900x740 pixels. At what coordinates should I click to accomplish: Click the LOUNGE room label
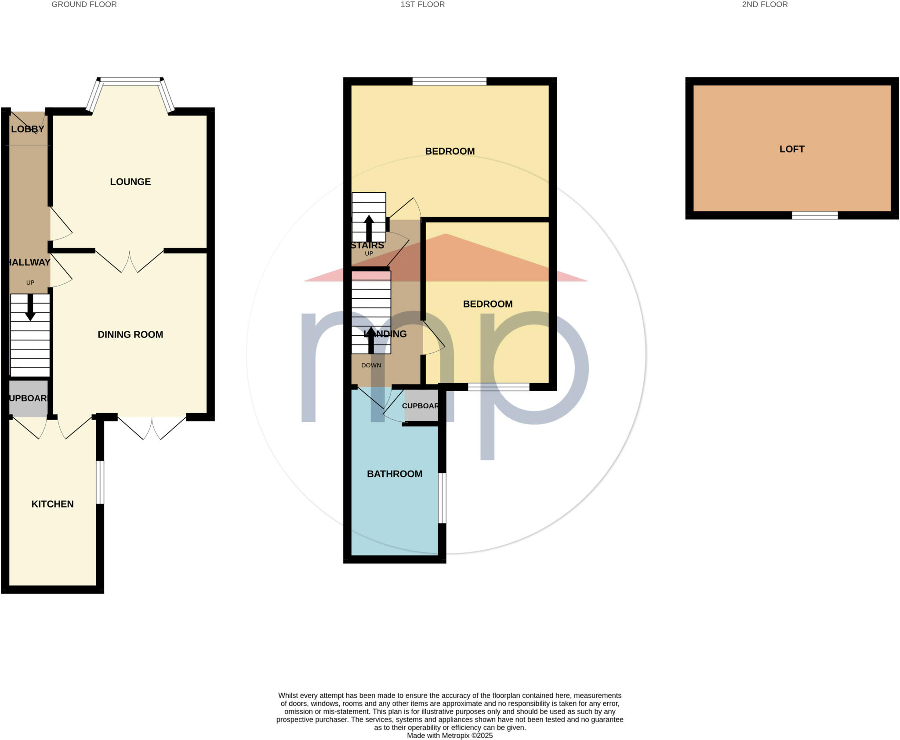pyautogui.click(x=130, y=181)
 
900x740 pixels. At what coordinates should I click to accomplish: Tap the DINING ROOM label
pyautogui.click(x=130, y=334)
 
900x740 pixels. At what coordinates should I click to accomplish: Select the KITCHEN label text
pyautogui.click(x=52, y=504)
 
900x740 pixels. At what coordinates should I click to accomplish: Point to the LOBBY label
pyautogui.click(x=28, y=129)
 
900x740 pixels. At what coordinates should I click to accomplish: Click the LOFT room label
pyautogui.click(x=792, y=149)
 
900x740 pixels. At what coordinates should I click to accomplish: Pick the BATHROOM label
pyautogui.click(x=394, y=474)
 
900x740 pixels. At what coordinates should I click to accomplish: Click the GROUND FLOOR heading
pyautogui.click(x=84, y=4)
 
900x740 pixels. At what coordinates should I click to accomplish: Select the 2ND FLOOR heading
pyautogui.click(x=765, y=4)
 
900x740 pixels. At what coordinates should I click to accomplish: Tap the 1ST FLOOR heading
pyautogui.click(x=422, y=4)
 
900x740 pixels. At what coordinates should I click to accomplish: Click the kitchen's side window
pyautogui.click(x=100, y=482)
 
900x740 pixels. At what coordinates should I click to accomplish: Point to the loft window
pyautogui.click(x=815, y=215)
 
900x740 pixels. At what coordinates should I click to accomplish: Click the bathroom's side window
pyautogui.click(x=443, y=498)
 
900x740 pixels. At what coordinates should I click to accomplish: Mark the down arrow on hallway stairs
pyautogui.click(x=30, y=307)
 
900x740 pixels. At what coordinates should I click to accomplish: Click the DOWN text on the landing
pyautogui.click(x=371, y=365)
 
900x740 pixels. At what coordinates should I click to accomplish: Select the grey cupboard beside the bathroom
pyautogui.click(x=421, y=406)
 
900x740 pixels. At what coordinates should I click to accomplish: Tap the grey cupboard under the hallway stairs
pyautogui.click(x=28, y=398)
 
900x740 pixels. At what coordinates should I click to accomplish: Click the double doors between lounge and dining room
pyautogui.click(x=130, y=261)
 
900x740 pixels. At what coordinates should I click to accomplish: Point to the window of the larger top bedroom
pyautogui.click(x=449, y=81)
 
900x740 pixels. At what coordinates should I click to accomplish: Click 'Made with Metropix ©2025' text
pyautogui.click(x=450, y=735)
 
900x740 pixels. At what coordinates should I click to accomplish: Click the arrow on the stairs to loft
pyautogui.click(x=369, y=228)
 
